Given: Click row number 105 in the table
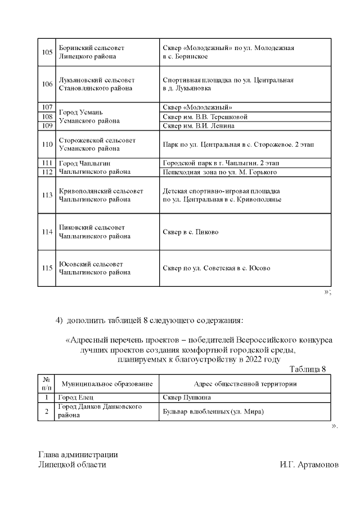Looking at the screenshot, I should (47, 52).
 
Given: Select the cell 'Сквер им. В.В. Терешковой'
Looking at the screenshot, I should (205, 117).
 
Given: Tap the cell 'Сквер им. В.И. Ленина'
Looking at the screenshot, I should (198, 126).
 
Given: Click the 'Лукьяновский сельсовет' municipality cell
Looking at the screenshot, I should (97, 84).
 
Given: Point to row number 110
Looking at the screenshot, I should (47, 145).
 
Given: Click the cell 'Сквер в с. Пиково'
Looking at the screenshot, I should (190, 232).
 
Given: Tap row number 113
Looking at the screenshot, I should (47, 195).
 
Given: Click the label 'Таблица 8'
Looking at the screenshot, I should (308, 369).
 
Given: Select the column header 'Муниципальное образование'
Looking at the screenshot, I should (107, 384).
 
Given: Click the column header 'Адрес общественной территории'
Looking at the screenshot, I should (245, 384).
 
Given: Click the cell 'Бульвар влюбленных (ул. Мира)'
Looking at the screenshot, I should (213, 411).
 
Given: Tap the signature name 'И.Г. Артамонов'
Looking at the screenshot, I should (308, 465).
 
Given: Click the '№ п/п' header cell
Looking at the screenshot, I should (47, 384).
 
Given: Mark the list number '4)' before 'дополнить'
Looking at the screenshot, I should (59, 321).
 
